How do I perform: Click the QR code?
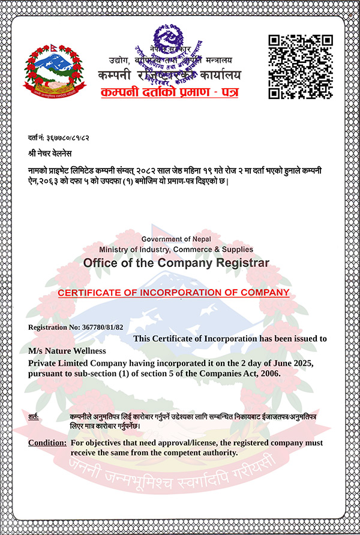pyautogui.click(x=300, y=66)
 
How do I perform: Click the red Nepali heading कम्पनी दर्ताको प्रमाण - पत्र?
pyautogui.click(x=170, y=93)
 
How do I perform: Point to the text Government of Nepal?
pyautogui.click(x=176, y=239)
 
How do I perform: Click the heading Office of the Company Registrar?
pyautogui.click(x=176, y=263)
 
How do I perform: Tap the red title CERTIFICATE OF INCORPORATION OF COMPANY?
pyautogui.click(x=173, y=293)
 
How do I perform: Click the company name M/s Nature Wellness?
pyautogui.click(x=67, y=350)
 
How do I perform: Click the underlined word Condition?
pyautogui.click(x=47, y=443)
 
